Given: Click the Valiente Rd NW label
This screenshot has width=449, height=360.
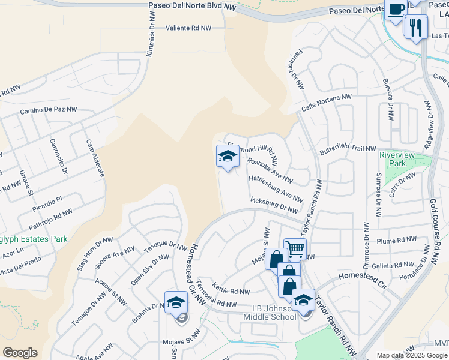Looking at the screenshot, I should [x=188, y=28].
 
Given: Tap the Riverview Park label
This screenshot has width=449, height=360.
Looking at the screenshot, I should [x=397, y=159].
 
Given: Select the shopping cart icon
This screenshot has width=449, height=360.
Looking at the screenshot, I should [x=295, y=248].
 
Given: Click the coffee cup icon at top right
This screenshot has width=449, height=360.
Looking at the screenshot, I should [x=396, y=10].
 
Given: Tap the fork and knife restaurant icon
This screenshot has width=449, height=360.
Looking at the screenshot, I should [x=415, y=26].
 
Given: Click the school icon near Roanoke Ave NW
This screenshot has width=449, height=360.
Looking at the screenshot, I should [x=228, y=157].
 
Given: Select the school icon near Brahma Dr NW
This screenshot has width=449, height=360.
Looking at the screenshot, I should [x=176, y=302].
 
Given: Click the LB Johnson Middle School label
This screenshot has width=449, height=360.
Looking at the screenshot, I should [x=268, y=312].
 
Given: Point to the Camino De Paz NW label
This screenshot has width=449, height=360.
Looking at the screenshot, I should [x=49, y=110].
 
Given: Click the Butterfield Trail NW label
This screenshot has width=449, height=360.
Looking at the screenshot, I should [x=347, y=149].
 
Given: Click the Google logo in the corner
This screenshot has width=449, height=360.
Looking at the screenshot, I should [x=20, y=353].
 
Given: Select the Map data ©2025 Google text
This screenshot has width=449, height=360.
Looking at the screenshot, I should [x=412, y=355].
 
